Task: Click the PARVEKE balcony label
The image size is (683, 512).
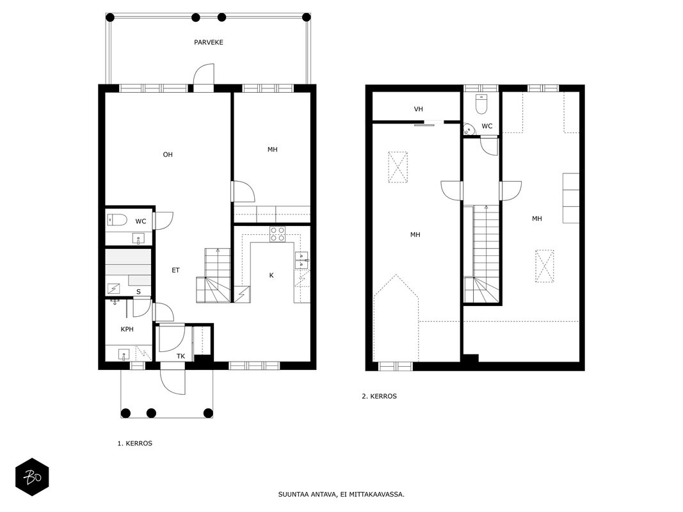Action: (x=209, y=42)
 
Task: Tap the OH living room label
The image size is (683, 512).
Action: (x=168, y=154)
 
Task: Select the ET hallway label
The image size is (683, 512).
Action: (x=175, y=270)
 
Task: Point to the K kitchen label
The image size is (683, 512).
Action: (x=271, y=275)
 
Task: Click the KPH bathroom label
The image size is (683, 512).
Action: (x=127, y=329)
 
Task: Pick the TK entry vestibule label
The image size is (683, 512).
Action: (x=181, y=356)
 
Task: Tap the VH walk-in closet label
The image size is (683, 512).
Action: (x=418, y=109)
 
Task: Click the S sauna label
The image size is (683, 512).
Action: (x=138, y=292)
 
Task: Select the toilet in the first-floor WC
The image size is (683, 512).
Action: (x=117, y=220)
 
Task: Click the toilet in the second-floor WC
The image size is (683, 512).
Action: (x=481, y=104)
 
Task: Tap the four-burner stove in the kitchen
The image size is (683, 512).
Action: (x=277, y=234)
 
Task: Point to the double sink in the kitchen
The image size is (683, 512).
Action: (x=302, y=260)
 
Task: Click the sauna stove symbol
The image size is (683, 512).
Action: (x=114, y=289)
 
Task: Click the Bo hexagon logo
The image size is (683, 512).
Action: (x=32, y=477)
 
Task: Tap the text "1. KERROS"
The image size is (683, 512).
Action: (x=135, y=444)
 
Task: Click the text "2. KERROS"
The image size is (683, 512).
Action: (x=380, y=396)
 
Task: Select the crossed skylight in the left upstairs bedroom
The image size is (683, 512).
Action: (x=398, y=167)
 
